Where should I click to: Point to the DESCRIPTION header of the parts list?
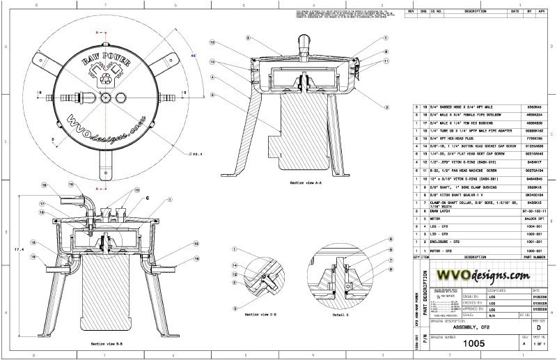click(x=476, y=256)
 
